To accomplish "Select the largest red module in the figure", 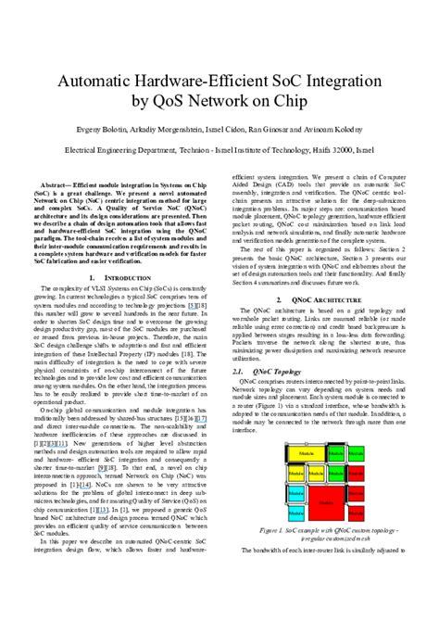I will point(326,501).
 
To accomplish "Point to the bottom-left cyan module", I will point(295,512).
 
